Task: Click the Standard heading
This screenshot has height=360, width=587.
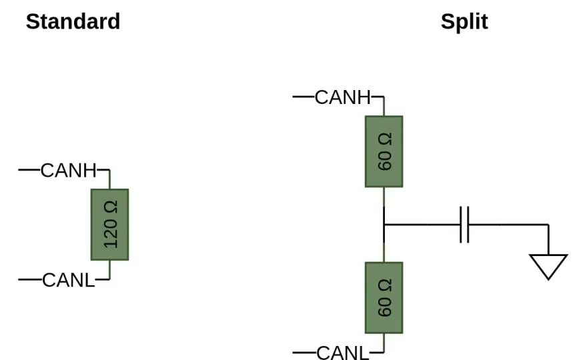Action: [x=73, y=21]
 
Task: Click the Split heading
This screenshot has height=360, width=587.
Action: [x=464, y=22]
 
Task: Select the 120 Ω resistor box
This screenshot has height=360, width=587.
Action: [x=109, y=225]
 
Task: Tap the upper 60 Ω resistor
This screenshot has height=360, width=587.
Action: [x=384, y=151]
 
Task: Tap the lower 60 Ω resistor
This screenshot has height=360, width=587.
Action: [x=384, y=298]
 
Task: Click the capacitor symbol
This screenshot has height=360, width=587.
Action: [x=464, y=225]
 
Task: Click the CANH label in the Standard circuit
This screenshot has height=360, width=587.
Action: [x=69, y=171]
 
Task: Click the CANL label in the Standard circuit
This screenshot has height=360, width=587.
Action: [x=69, y=280]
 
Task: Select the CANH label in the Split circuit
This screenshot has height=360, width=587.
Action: [x=343, y=97]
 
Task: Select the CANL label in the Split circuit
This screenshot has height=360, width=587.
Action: [x=343, y=353]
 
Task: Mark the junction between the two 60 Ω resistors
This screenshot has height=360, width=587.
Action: [x=384, y=225]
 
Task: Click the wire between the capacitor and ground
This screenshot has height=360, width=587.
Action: [x=508, y=225]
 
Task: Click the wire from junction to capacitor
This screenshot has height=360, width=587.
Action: [x=422, y=225]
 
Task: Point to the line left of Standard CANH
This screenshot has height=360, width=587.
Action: [x=29, y=170]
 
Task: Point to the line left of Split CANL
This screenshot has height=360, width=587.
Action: [x=304, y=352]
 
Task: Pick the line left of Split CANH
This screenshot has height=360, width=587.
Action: [x=304, y=97]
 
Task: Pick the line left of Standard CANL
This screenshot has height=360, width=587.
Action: [x=30, y=279]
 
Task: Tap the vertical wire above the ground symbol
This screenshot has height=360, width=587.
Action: [x=548, y=239]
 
